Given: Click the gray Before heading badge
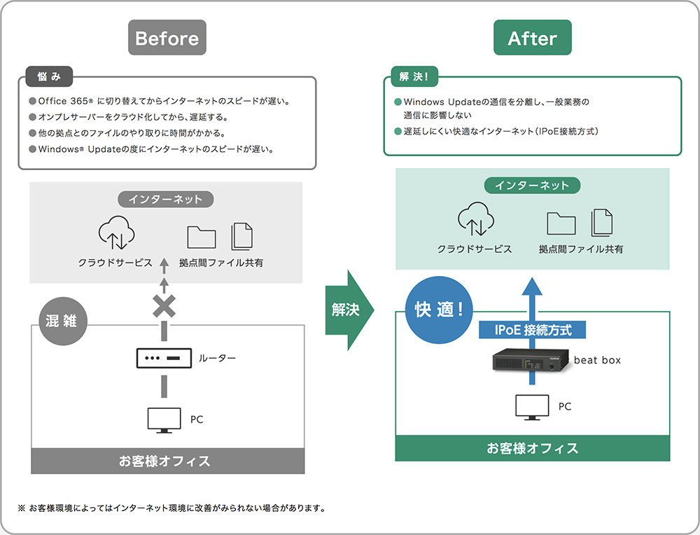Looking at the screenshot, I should pyautogui.click(x=167, y=38).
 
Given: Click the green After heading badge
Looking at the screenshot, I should pyautogui.click(x=532, y=38).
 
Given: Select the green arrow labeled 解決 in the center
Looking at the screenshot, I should pyautogui.click(x=348, y=309).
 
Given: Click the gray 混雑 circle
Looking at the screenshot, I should pyautogui.click(x=61, y=323).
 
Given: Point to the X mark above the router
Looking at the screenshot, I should pyautogui.click(x=164, y=305).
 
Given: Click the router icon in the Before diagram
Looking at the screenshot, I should pyautogui.click(x=164, y=358).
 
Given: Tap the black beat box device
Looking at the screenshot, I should pyautogui.click(x=531, y=360).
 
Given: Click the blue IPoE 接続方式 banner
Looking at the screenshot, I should pyautogui.click(x=532, y=328).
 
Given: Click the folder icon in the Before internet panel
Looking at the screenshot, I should pyautogui.click(x=202, y=237).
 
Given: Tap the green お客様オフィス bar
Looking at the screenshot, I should pyautogui.click(x=532, y=449).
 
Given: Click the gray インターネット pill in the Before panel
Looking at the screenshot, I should pyautogui.click(x=166, y=199).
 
